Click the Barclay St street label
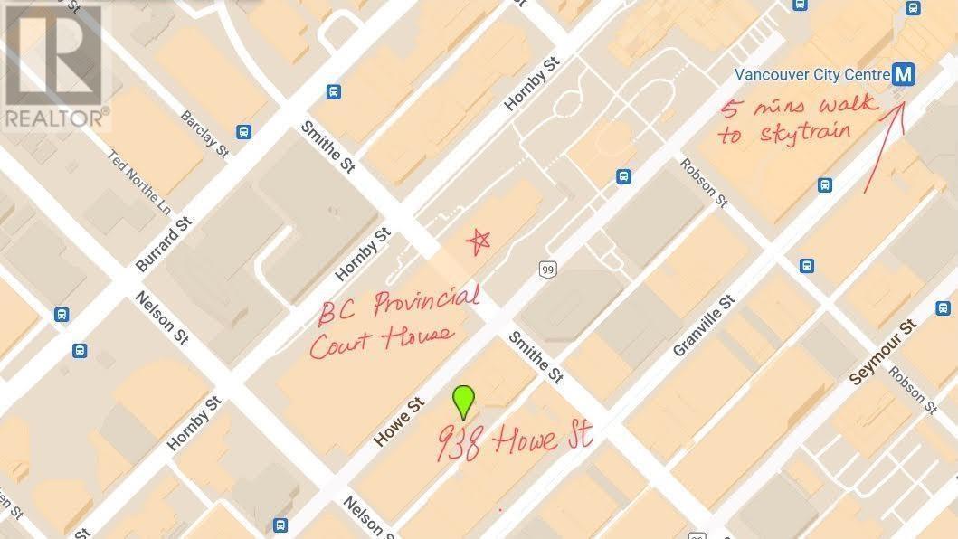tap(204, 133)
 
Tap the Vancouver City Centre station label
tap(809, 73)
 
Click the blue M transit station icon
tap(901, 73)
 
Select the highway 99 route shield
tap(546, 269)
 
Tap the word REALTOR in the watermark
tap(52, 118)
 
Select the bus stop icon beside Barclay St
tap(243, 132)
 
